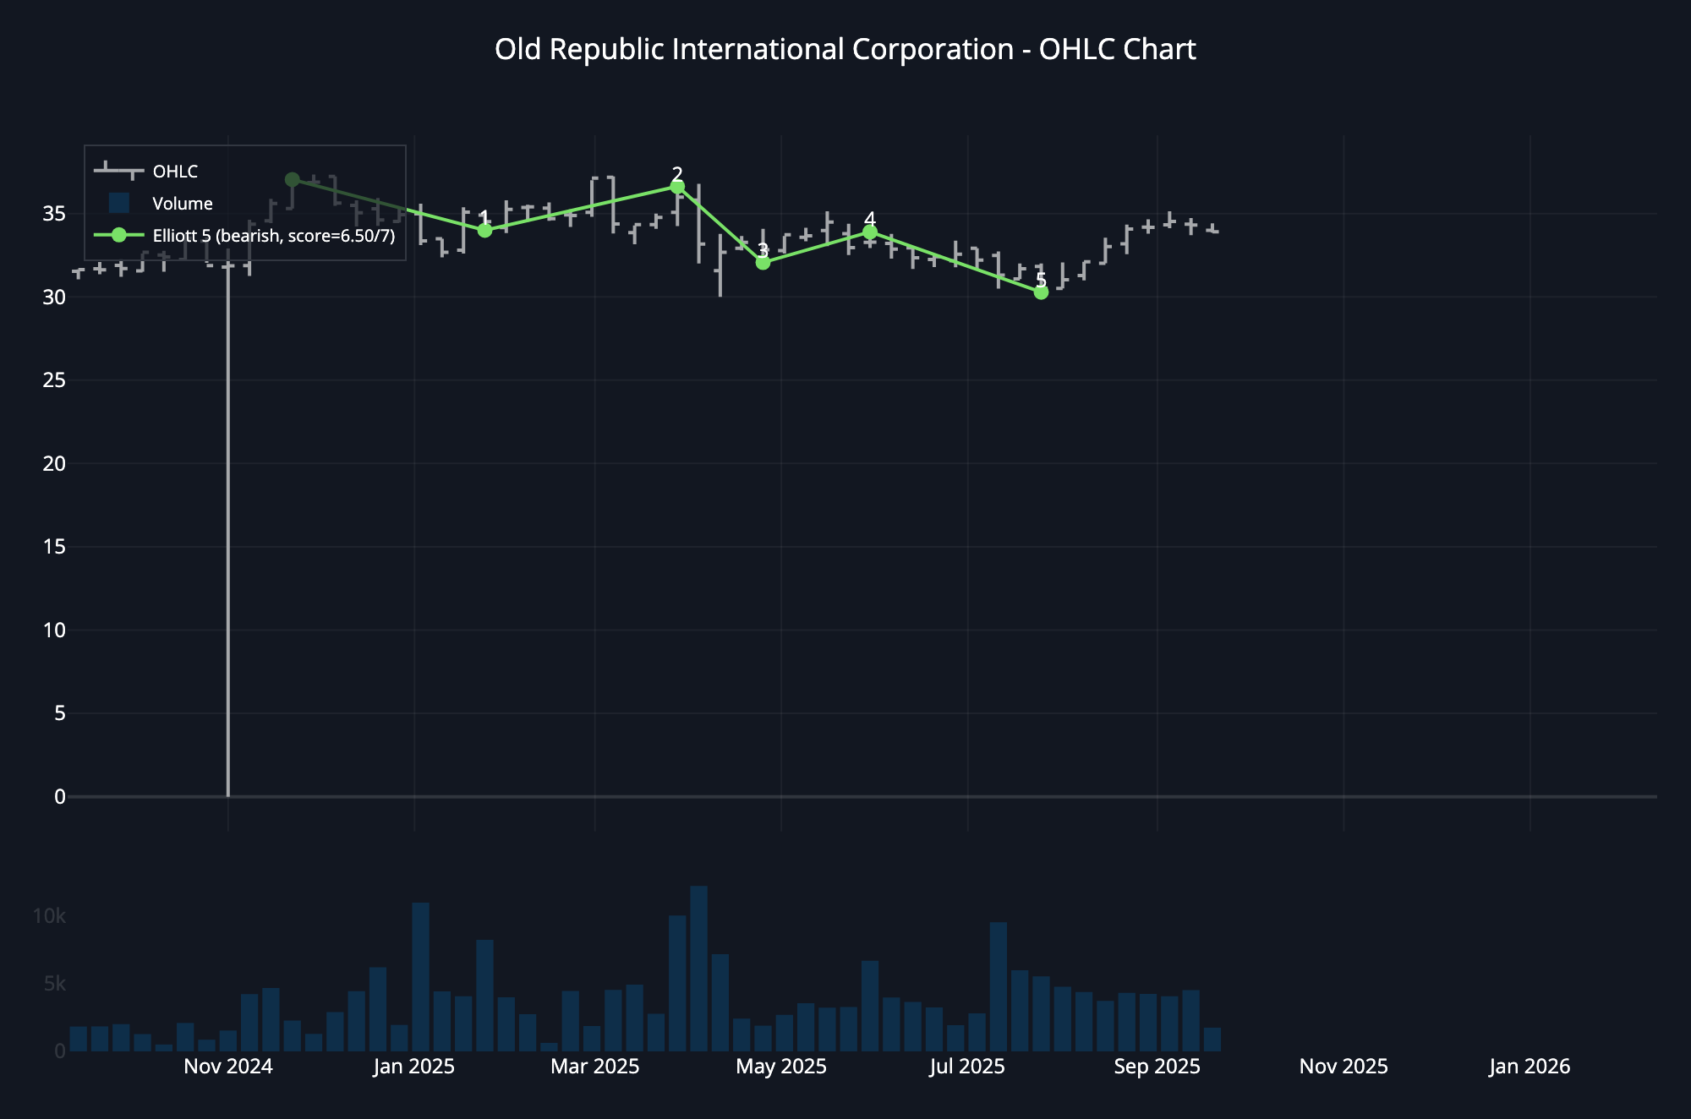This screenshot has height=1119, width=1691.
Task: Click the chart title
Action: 845,50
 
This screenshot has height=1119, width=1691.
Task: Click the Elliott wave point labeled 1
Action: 484,230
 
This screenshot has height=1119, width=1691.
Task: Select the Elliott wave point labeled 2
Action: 677,187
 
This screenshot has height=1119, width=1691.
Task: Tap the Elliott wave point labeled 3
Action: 763,263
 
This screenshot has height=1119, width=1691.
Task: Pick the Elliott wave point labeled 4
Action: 870,232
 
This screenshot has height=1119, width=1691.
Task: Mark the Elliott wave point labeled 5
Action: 1041,292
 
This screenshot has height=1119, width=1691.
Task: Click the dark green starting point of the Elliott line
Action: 293,180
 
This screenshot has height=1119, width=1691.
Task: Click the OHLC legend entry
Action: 174,172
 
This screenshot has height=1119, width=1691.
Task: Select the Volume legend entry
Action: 182,204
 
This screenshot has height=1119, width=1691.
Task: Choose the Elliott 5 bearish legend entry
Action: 273,236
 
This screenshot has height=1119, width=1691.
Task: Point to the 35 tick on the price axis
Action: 54,214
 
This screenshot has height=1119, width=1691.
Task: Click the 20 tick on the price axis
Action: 54,463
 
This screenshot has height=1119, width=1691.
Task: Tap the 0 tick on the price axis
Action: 59,796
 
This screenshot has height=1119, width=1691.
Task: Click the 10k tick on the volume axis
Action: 49,916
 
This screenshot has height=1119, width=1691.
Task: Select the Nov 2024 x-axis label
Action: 228,1067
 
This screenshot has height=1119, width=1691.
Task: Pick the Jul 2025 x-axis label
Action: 967,1067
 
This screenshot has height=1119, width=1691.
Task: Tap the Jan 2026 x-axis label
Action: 1530,1067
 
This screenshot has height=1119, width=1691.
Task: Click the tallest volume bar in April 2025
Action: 698,969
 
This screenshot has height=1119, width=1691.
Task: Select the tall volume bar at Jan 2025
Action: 420,977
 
